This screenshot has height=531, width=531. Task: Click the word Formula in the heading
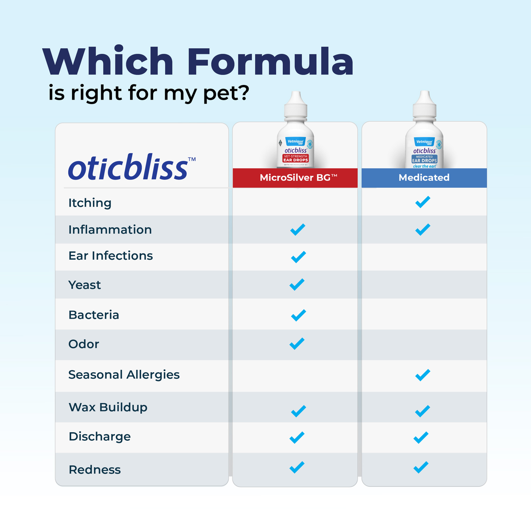(270, 62)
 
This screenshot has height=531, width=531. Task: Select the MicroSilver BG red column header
(295, 178)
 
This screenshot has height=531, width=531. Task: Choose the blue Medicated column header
(424, 178)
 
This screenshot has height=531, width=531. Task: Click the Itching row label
(90, 203)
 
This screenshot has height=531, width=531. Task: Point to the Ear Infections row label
(111, 256)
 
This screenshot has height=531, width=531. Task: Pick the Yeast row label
(85, 285)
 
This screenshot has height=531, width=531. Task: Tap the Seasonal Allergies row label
(124, 375)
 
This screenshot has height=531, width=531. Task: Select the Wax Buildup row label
(108, 407)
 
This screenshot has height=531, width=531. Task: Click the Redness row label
(95, 469)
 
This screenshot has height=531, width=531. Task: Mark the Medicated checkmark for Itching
(423, 202)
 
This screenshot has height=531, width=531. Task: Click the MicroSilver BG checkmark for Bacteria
(298, 315)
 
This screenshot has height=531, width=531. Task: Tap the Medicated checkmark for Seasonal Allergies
(423, 375)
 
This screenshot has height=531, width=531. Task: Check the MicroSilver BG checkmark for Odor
(297, 344)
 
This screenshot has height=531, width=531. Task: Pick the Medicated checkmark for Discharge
(421, 438)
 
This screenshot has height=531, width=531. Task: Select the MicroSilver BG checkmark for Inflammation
(298, 230)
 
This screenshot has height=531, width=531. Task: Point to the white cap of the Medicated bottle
(424, 104)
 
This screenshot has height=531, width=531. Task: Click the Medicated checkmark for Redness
(421, 467)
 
